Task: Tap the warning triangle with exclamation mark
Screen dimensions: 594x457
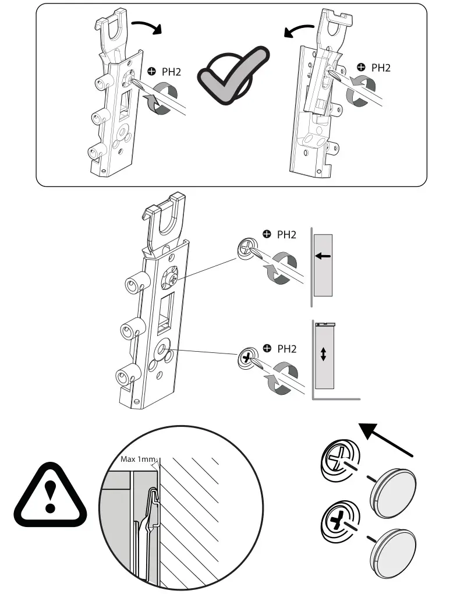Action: click(x=50, y=492)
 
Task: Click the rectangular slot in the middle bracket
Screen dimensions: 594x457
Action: click(x=166, y=309)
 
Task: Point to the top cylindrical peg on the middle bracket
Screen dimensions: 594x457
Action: click(x=133, y=284)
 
